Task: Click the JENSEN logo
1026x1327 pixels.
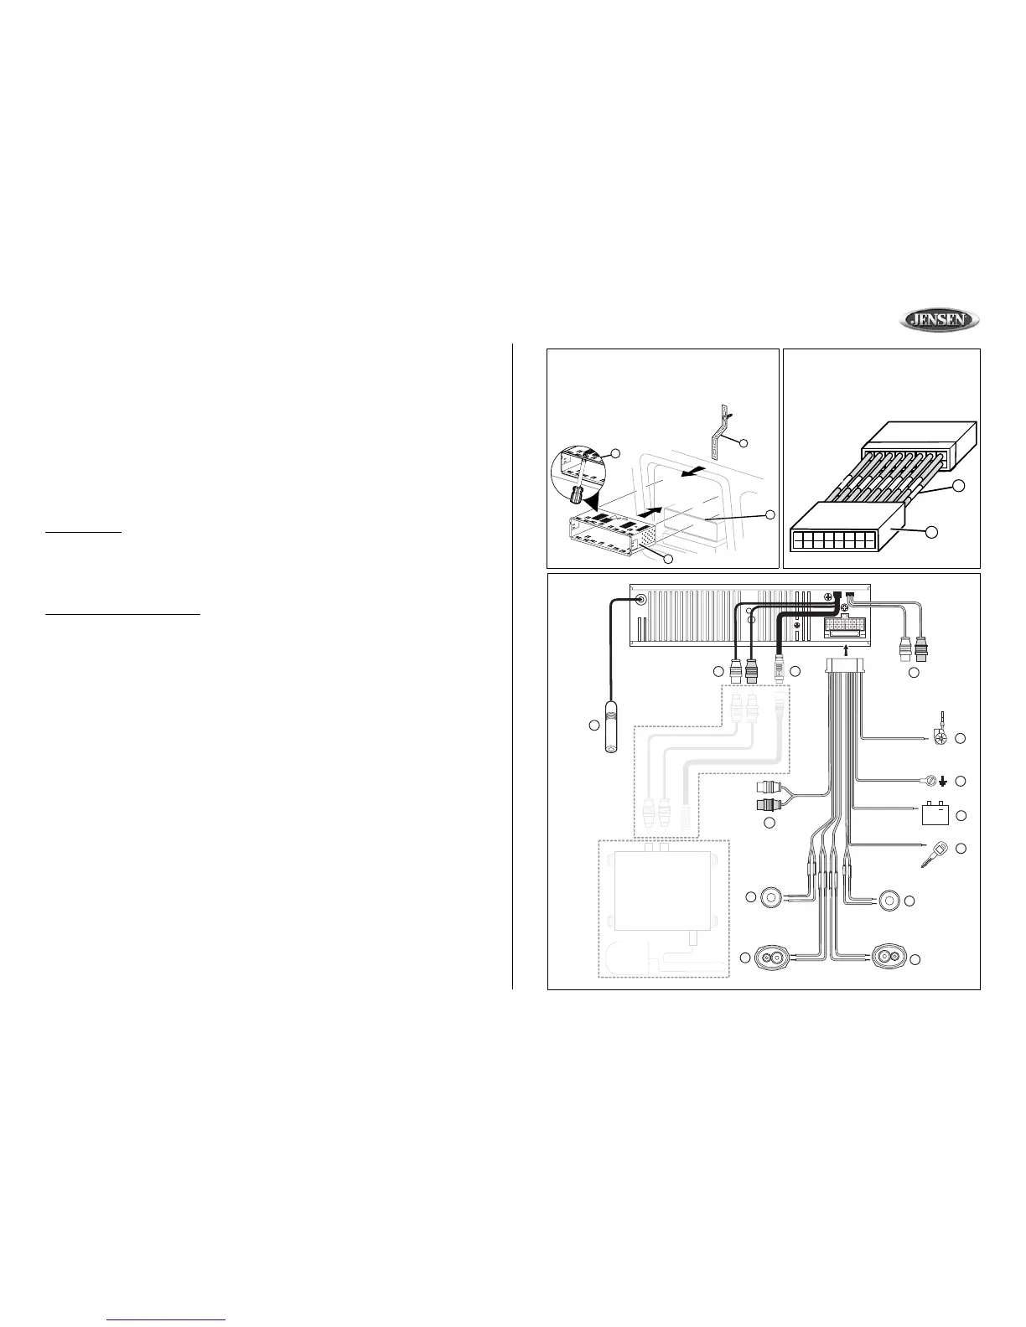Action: tap(940, 320)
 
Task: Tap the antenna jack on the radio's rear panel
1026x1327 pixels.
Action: tap(641, 599)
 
